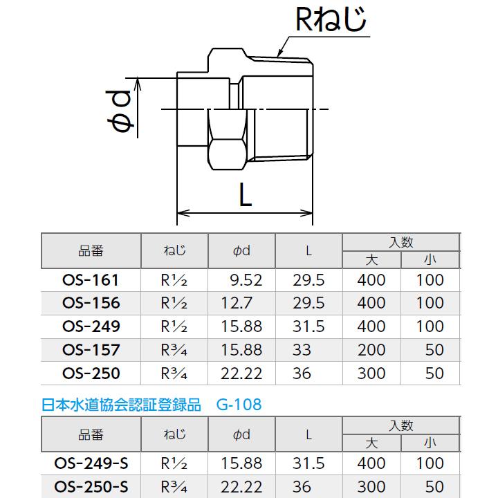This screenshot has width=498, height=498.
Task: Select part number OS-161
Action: coord(91,280)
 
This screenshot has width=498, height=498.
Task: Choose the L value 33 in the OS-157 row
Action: coord(302,350)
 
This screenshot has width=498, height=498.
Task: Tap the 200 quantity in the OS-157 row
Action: coord(371,350)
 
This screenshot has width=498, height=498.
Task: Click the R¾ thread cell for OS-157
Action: coord(174,350)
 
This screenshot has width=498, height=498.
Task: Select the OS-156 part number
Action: coord(91,303)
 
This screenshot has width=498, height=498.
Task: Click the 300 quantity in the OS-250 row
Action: coord(371,373)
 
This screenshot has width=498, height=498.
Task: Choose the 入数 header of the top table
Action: coord(400,242)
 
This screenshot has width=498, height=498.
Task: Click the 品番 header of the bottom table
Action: coord(91,434)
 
